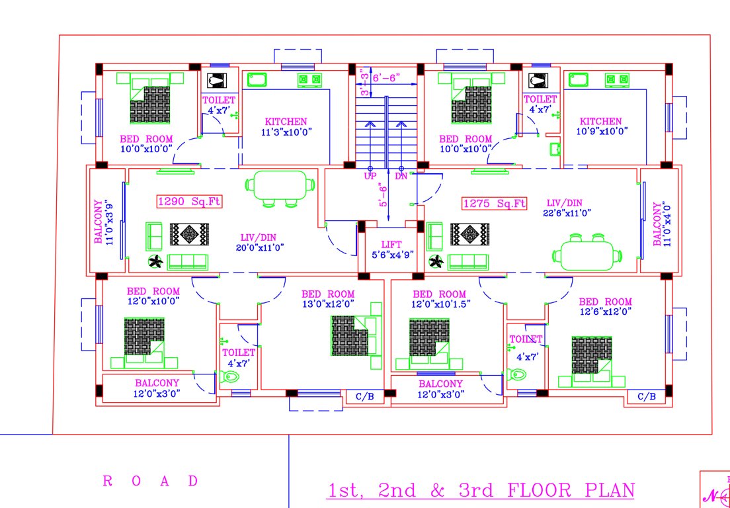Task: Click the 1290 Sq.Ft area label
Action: pos(189,202)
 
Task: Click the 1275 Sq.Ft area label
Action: pos(495,203)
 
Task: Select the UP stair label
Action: pos(370,177)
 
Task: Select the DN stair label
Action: pos(401,177)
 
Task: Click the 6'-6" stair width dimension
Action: pos(386,77)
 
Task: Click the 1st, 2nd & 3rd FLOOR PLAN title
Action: pos(481,490)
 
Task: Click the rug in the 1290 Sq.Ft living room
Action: pos(189,234)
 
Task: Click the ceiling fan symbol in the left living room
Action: pos(156,263)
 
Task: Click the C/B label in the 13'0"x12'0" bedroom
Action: pos(365,397)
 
